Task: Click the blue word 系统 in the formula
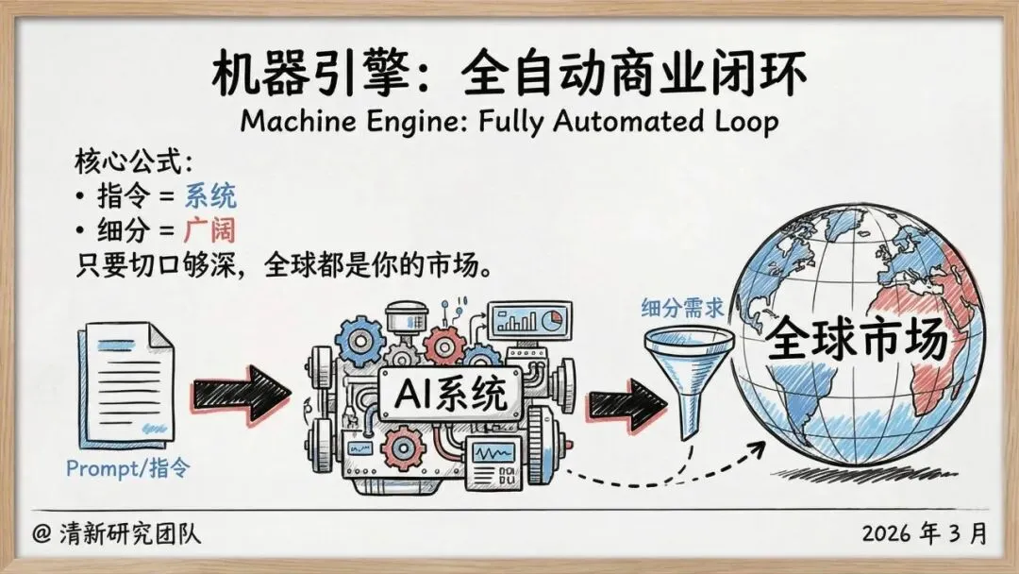click(209, 196)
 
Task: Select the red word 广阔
click(209, 229)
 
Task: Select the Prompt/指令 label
click(127, 467)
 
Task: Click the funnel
click(688, 373)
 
